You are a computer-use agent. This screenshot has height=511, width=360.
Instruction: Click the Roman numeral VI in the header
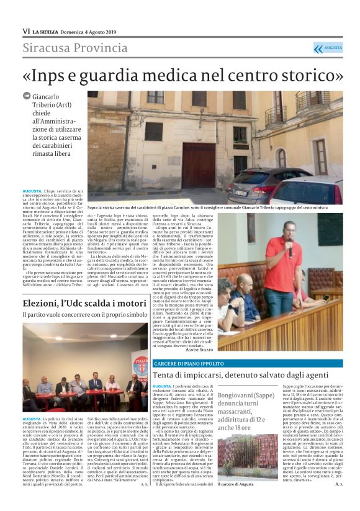pos(26,31)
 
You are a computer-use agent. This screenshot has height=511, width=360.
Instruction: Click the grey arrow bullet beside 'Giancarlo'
pos(27,96)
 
